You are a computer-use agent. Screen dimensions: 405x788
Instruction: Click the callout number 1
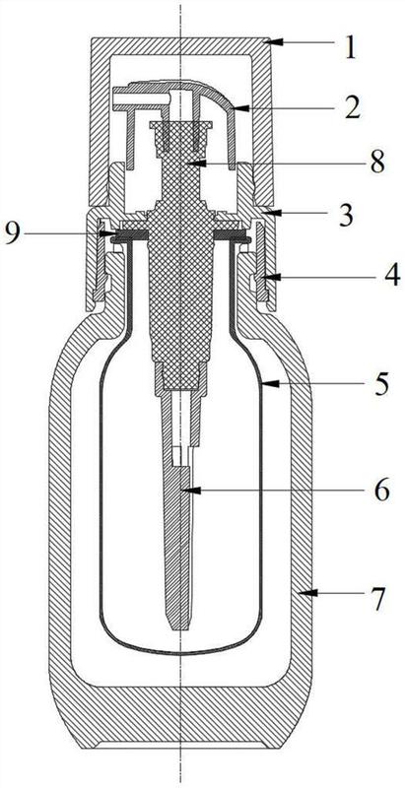(x=351, y=49)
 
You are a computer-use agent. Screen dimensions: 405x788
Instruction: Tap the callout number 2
(x=353, y=107)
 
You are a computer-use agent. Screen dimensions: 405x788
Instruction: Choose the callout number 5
(x=380, y=384)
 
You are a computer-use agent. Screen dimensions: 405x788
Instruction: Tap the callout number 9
(x=14, y=233)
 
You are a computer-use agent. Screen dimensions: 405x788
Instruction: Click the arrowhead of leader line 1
(x=272, y=41)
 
